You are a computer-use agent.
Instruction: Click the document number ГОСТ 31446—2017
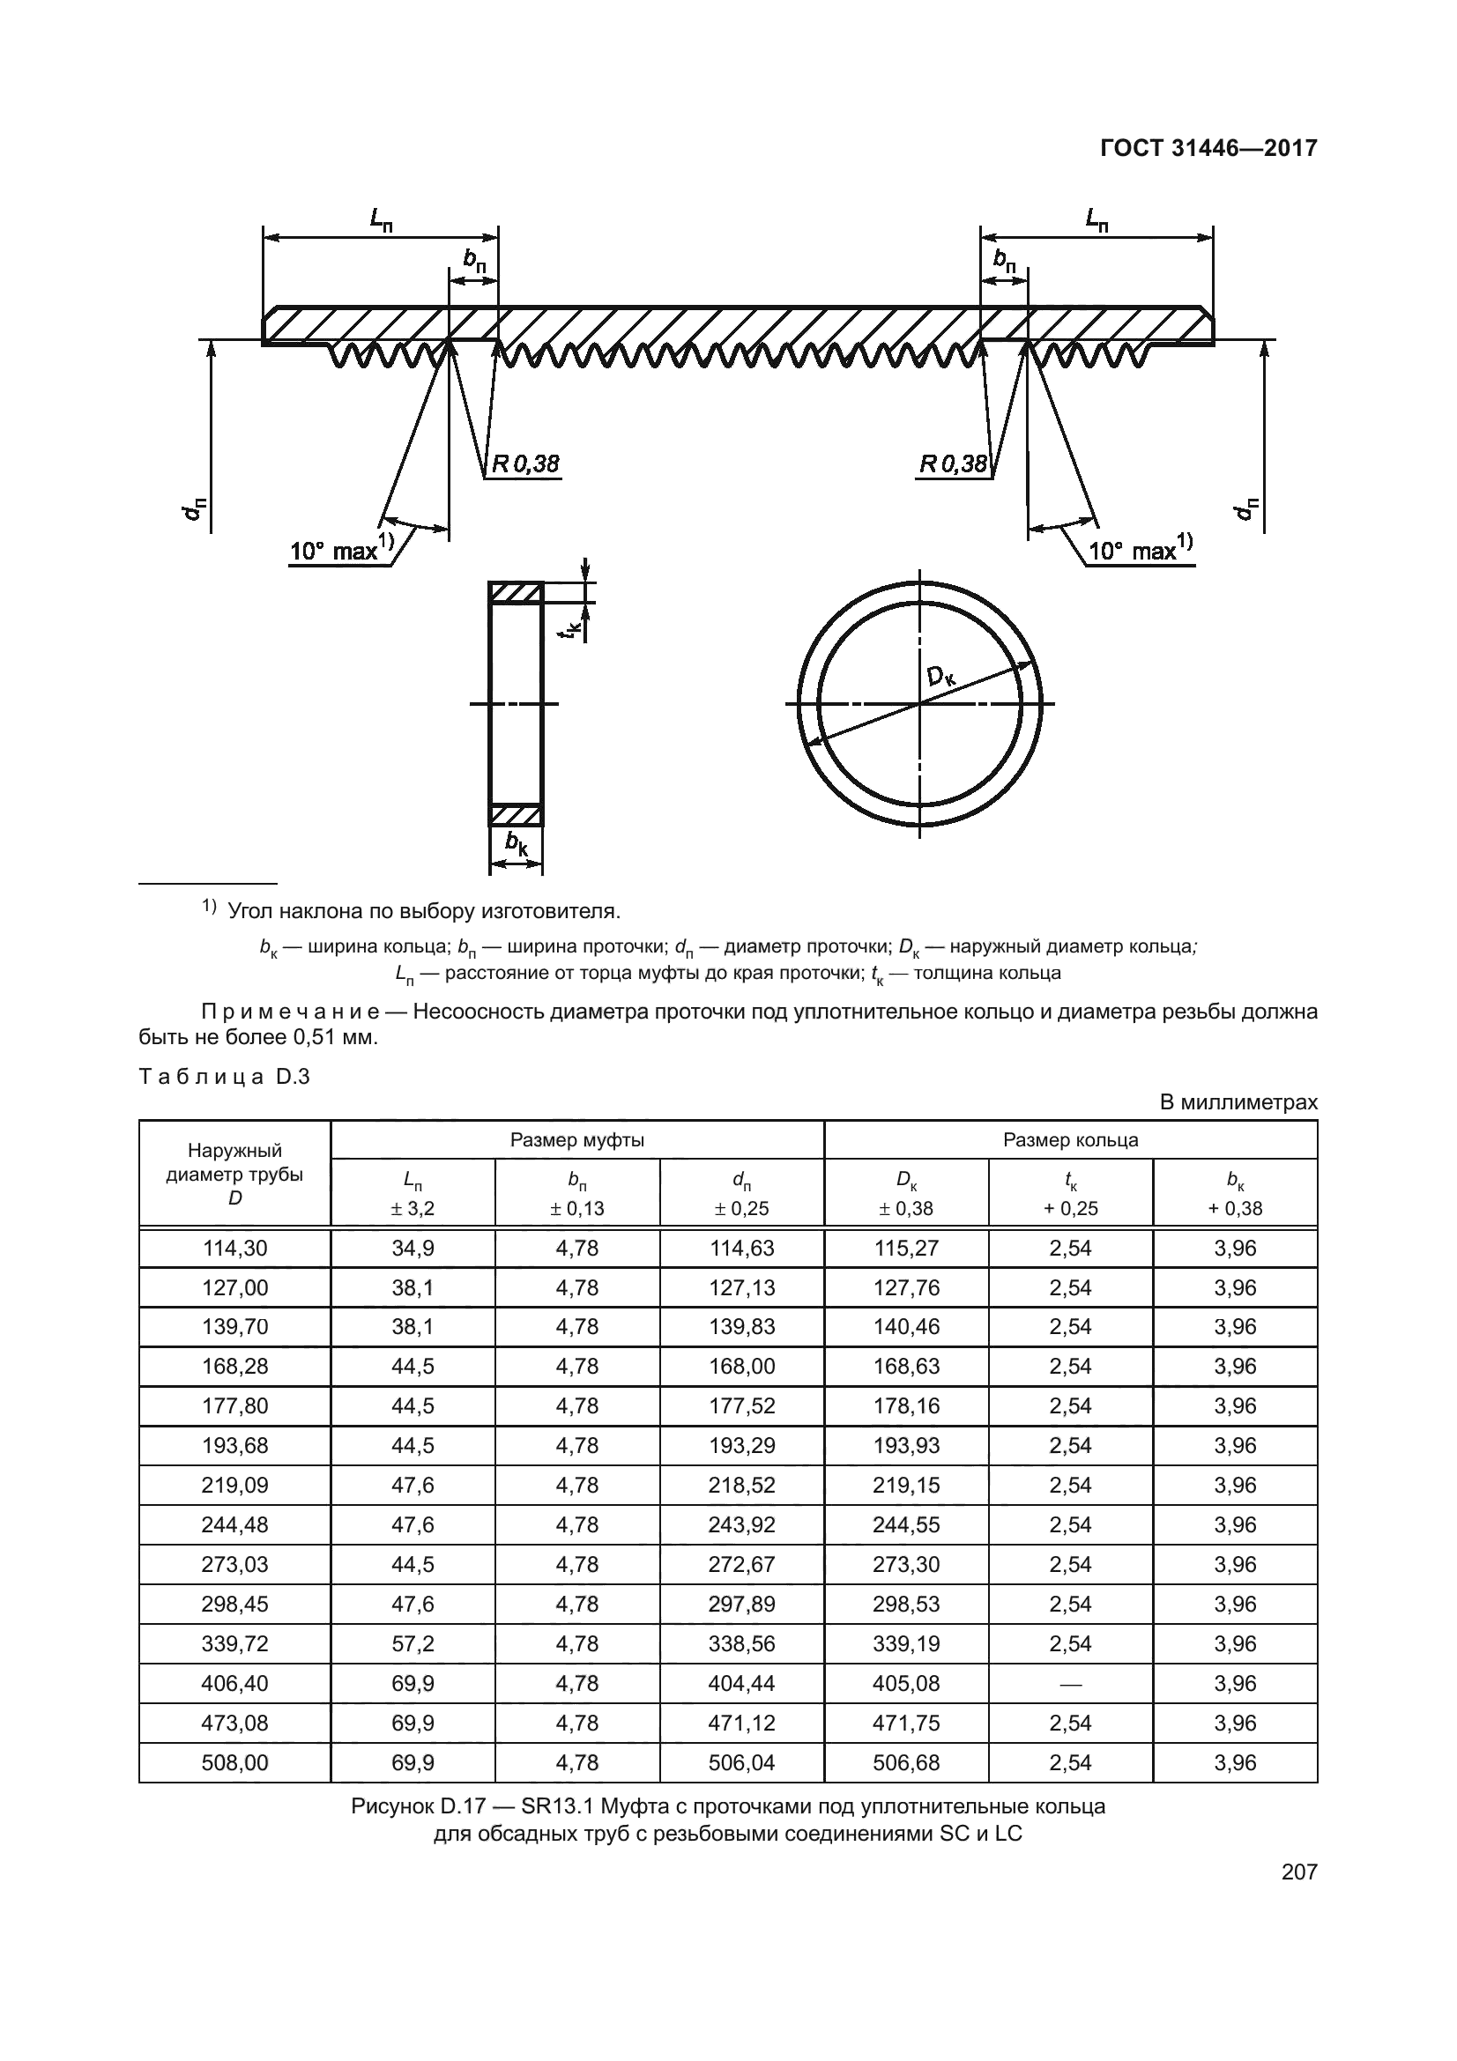click(1208, 148)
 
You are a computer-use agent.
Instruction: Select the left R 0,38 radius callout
click(524, 464)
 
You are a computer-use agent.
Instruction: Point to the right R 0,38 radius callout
click(953, 464)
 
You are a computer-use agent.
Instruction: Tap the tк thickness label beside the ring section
click(569, 626)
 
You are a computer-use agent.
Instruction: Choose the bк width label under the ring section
click(517, 842)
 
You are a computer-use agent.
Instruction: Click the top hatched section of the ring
click(516, 592)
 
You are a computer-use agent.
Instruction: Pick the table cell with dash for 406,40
click(1070, 1683)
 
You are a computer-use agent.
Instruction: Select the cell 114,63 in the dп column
click(741, 1248)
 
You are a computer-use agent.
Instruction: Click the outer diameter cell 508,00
click(234, 1762)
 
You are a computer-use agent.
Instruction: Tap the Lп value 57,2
click(413, 1643)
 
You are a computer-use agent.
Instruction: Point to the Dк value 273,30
click(906, 1565)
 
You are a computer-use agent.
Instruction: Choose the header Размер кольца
click(1070, 1140)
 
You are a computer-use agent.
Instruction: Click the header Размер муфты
click(577, 1140)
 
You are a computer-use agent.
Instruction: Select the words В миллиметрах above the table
click(1239, 1102)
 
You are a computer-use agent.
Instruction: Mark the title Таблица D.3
click(224, 1076)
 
